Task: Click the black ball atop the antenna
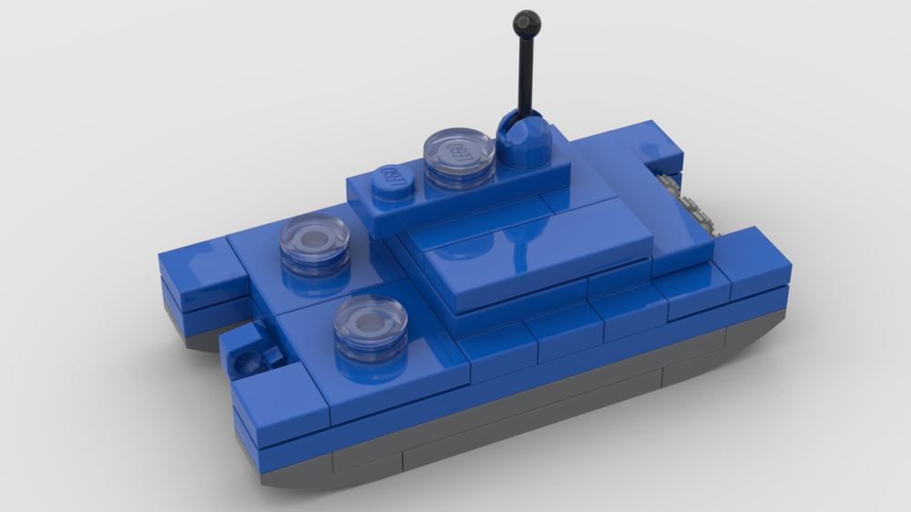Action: pyautogui.click(x=527, y=22)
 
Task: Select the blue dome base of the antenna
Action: pyautogui.click(x=524, y=141)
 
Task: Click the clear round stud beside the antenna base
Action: pyautogui.click(x=459, y=157)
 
